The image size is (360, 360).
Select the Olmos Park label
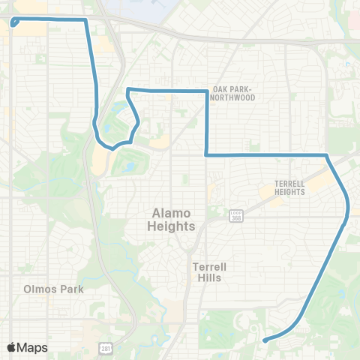click(54, 289)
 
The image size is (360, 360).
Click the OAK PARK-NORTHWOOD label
click(233, 93)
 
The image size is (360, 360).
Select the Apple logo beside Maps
click(12, 347)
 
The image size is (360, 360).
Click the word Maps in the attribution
click(32, 347)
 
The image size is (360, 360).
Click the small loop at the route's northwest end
click(14, 22)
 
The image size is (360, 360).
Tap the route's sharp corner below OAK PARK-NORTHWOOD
click(206, 154)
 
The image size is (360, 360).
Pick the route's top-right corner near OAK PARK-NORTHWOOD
click(207, 91)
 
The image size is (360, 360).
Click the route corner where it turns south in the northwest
click(86, 20)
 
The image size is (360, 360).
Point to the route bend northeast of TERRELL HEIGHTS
click(327, 155)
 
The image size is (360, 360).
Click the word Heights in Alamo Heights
click(172, 226)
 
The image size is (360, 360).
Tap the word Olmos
click(40, 289)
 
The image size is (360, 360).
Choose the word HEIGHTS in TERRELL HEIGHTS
click(289, 192)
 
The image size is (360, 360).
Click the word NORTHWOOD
click(233, 97)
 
